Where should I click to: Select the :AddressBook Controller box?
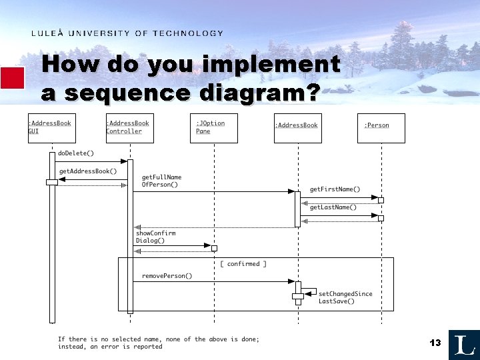point(129,127)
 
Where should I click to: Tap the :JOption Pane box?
point(213,127)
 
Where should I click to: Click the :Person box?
point(381,127)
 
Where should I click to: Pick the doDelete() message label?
point(76,153)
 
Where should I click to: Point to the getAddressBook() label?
point(88,171)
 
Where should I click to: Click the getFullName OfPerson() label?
point(161,181)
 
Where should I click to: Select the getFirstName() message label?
point(335,189)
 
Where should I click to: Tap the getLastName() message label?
point(333,207)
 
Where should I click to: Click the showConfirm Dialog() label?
point(155,237)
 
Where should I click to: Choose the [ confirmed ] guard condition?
point(243,264)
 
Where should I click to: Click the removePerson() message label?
point(167,276)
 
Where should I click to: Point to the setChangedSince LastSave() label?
point(345,297)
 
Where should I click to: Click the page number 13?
point(435,343)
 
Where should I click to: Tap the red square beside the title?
point(12,78)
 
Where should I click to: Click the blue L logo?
point(463,345)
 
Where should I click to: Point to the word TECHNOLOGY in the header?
point(188,33)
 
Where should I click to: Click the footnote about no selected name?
point(158,343)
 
